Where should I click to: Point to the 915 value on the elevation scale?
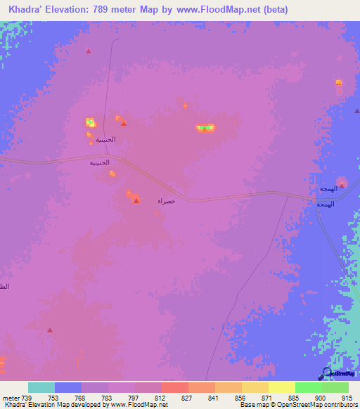tap(348, 397)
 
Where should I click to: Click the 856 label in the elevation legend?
tap(241, 397)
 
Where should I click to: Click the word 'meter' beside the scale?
tap(11, 397)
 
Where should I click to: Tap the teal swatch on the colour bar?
tap(41, 387)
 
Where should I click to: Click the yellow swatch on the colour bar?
tap(282, 387)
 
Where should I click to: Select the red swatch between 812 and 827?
tap(175, 387)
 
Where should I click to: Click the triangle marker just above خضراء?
tap(136, 200)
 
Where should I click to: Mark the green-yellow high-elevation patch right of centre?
tap(205, 128)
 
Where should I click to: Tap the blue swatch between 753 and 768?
tap(68, 387)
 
